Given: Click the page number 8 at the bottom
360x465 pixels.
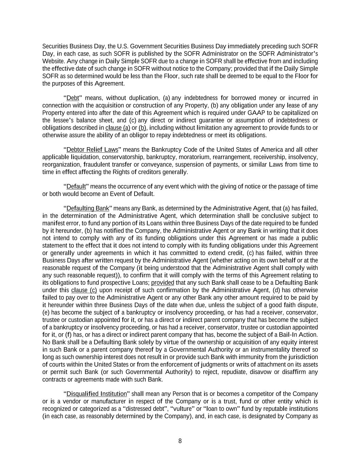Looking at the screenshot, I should [180, 441].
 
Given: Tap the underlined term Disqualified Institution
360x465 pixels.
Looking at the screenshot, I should [96, 394].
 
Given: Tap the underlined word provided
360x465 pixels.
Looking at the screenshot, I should [162, 283].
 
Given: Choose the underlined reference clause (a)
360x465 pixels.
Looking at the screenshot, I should [118, 128].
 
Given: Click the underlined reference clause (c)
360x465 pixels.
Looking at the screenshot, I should [84, 290].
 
